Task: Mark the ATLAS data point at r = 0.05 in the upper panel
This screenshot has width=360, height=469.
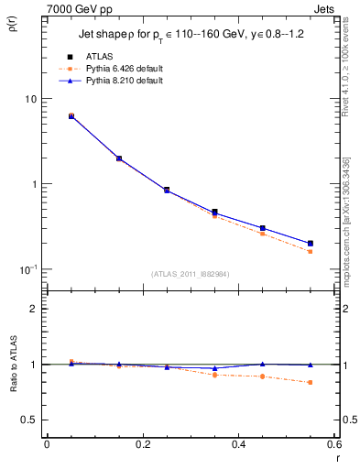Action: point(71,116)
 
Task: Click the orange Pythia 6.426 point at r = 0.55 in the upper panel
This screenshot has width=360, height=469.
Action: point(310,252)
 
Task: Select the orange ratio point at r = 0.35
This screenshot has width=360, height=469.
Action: point(214,375)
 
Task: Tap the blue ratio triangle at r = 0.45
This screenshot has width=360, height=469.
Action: point(262,364)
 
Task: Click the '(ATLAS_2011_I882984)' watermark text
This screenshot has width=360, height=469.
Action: point(191,274)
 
